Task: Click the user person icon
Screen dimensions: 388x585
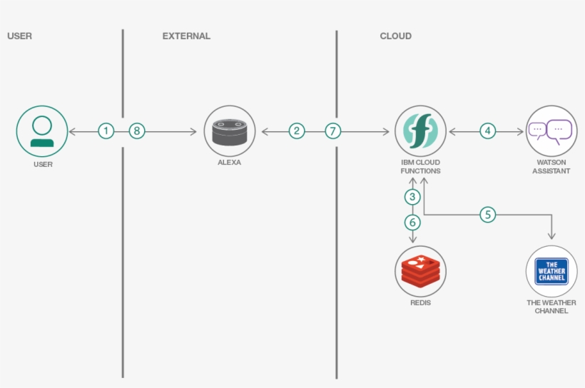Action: click(42, 131)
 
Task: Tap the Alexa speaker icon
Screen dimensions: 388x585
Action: click(229, 131)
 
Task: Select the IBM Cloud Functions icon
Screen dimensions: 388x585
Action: click(420, 131)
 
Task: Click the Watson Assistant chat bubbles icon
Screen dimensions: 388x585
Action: click(551, 131)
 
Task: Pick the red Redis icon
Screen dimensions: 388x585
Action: click(420, 272)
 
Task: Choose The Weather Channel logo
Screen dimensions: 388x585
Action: click(551, 272)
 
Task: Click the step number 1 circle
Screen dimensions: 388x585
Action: click(106, 131)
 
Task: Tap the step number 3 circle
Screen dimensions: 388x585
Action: click(412, 196)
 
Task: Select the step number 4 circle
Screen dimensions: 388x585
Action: click(487, 131)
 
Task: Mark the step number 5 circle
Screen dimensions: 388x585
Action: click(487, 214)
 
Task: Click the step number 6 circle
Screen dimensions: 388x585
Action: click(412, 222)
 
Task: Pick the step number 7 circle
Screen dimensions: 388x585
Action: click(333, 131)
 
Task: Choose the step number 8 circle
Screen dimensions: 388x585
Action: click(137, 131)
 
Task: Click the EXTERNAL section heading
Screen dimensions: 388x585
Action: click(186, 36)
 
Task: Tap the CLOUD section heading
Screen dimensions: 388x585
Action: click(395, 36)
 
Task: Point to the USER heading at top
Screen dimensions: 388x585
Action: click(19, 36)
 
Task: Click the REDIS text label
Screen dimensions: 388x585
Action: click(420, 302)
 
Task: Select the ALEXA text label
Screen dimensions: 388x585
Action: click(229, 163)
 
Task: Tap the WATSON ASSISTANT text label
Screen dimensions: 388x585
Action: click(551, 167)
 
